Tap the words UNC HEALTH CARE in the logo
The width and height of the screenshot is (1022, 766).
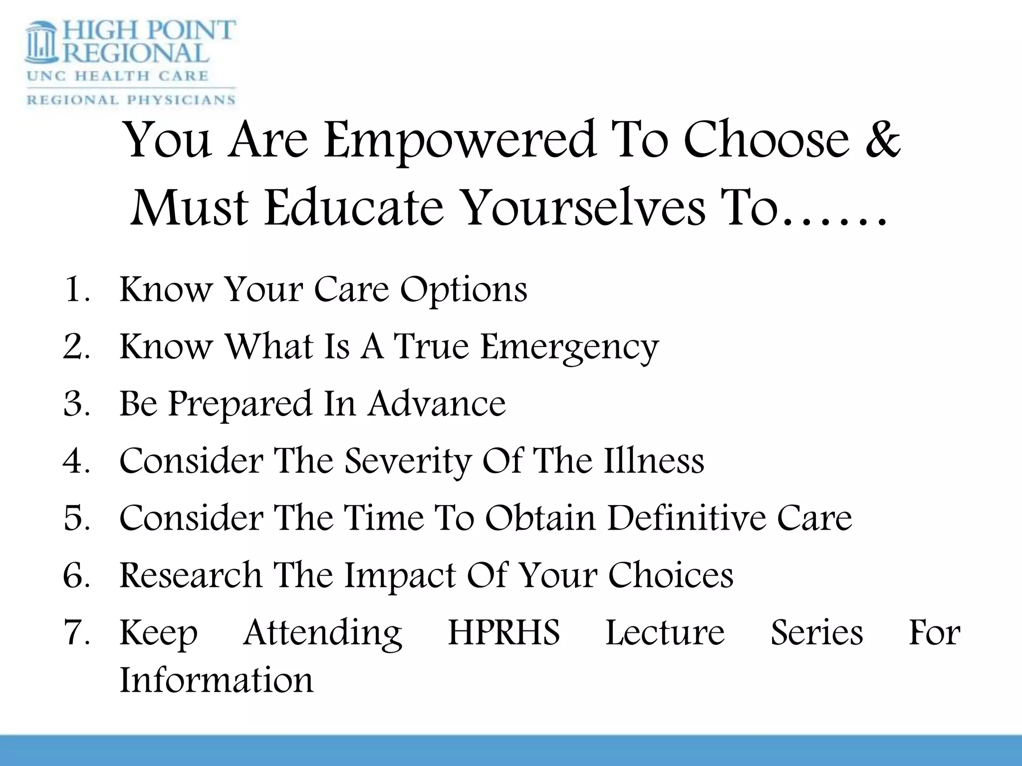coord(117,76)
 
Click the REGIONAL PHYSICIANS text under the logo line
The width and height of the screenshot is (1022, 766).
coord(131,99)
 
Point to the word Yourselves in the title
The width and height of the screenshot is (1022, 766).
coord(584,208)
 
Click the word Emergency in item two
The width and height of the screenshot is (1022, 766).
coord(569,348)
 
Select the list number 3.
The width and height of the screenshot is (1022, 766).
coord(76,403)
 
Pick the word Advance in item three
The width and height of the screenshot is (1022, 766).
coord(437,403)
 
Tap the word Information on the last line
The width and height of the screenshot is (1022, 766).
coord(216,680)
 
